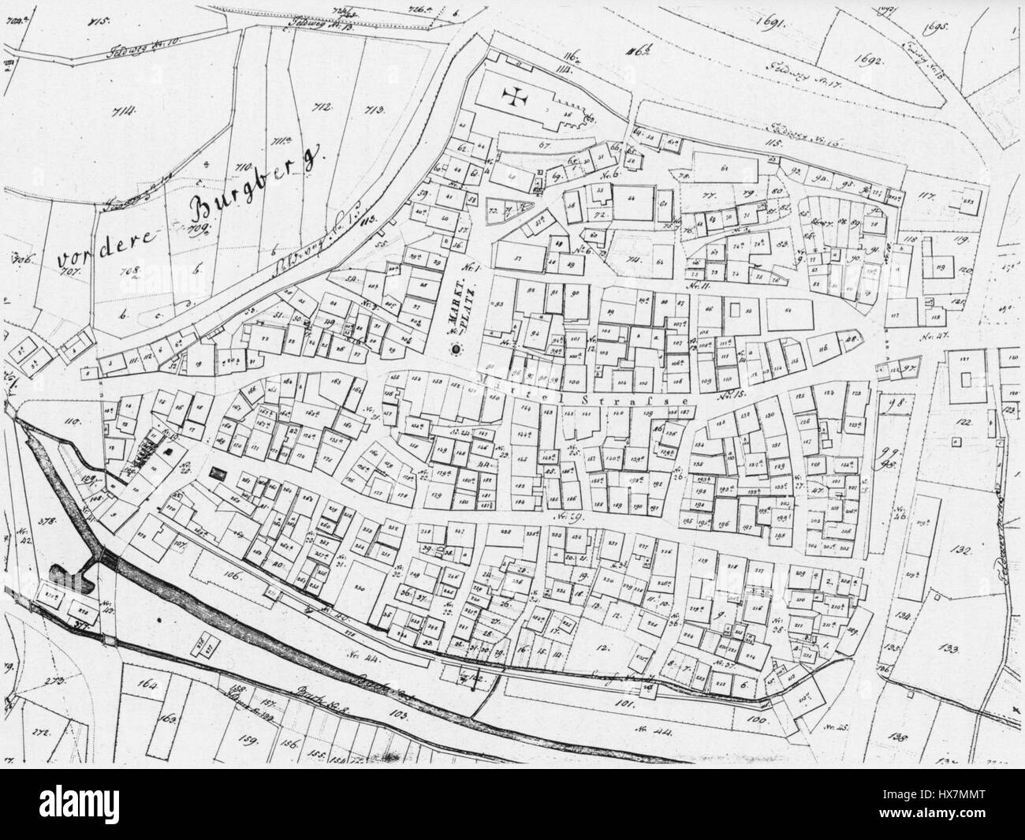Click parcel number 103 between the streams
(397, 715)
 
